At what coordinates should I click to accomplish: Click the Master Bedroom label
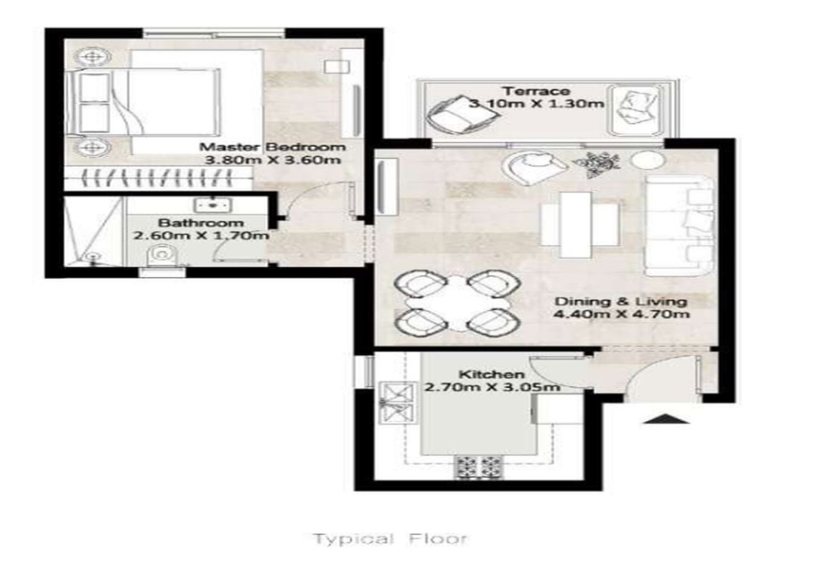[273, 146]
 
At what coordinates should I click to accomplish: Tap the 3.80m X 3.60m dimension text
[273, 160]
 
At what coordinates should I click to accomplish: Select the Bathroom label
[201, 222]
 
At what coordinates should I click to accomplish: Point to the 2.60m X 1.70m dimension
[201, 235]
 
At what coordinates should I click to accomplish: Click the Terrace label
[536, 91]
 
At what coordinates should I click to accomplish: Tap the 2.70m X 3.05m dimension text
[493, 387]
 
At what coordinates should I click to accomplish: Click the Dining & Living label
[620, 301]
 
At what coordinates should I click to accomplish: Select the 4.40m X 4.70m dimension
[621, 314]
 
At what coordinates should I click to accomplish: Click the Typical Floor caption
[390, 539]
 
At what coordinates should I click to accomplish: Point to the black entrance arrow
[666, 419]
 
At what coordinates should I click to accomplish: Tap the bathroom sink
[213, 204]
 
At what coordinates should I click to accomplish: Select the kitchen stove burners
[478, 467]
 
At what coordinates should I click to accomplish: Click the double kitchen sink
[397, 403]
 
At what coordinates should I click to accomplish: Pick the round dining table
[457, 303]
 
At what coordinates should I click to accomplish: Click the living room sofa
[679, 225]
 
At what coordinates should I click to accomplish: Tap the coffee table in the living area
[579, 224]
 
